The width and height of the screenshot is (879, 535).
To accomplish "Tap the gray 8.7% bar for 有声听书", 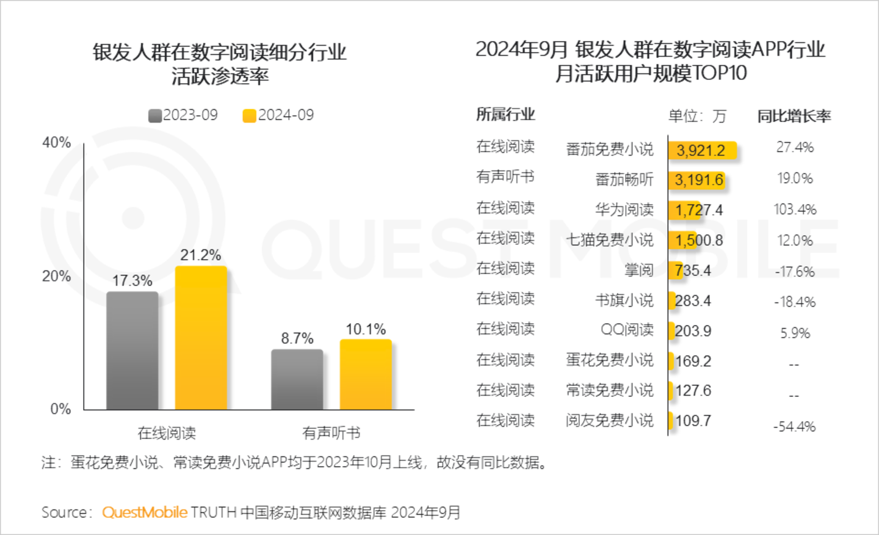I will tap(297, 379).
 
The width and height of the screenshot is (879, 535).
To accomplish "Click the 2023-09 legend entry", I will tap(183, 115).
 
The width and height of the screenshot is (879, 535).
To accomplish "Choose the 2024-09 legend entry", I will tap(278, 115).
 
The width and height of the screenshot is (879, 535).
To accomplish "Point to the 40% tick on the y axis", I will tap(57, 143).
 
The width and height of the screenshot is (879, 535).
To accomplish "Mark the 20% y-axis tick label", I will tap(57, 276).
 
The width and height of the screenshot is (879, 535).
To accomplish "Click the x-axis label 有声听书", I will tap(331, 433).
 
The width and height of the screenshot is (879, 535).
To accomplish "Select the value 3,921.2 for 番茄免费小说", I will tap(701, 150).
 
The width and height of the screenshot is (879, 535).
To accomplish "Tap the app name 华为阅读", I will tap(624, 209).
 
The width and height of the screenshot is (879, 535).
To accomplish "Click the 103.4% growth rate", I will tap(795, 209).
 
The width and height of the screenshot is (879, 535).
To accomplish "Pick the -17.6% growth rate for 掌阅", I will tap(795, 272).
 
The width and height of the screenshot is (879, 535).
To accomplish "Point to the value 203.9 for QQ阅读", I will tap(693, 331).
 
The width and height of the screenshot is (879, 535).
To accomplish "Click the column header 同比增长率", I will tap(794, 116).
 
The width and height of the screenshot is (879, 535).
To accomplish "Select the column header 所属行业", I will tap(505, 114).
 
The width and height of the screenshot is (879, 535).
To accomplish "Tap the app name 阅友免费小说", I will tap(609, 420).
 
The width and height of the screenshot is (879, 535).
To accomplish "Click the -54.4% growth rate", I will tap(794, 426).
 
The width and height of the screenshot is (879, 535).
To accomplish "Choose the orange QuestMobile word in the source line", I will tap(145, 512).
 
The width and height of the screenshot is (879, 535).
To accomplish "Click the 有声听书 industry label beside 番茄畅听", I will tap(505, 177).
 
